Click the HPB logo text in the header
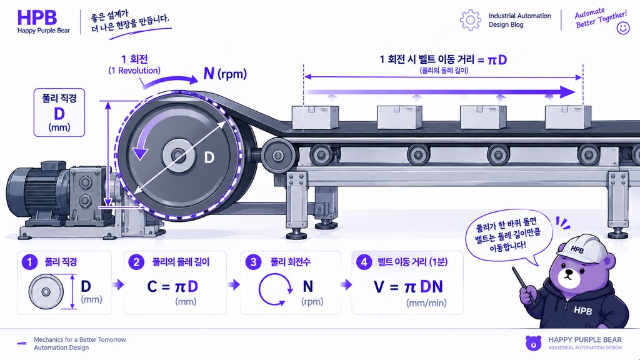tap(37, 17)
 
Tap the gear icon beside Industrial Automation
tap(470, 19)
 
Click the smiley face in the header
tap(623, 27)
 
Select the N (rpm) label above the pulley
tap(225, 74)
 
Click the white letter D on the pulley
tap(209, 157)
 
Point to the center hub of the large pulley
tap(178, 156)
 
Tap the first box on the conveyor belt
tap(315, 117)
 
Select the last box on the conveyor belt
tap(567, 117)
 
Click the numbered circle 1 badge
tap(29, 262)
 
